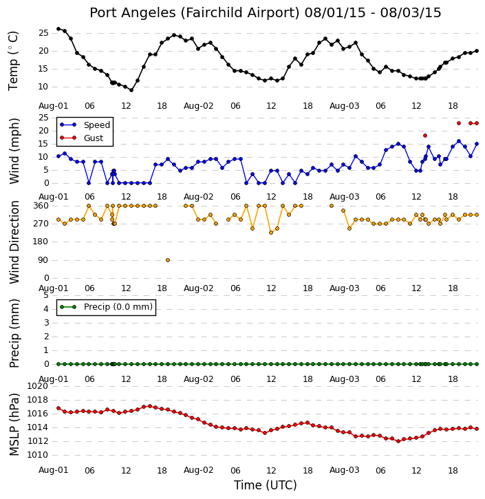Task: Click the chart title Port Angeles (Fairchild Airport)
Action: click(195, 13)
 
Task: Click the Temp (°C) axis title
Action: click(14, 61)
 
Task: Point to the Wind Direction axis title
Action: click(14, 242)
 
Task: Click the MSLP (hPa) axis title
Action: click(14, 425)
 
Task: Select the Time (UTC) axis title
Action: click(266, 485)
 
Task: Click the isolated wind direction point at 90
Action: click(168, 260)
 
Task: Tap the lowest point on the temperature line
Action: click(131, 90)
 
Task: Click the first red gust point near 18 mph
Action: click(425, 136)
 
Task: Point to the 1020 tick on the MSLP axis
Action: click(38, 386)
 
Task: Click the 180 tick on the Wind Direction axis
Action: click(41, 242)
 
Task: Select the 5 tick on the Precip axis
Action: click(46, 295)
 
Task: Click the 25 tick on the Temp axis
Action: click(43, 33)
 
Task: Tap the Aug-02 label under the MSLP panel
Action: click(198, 470)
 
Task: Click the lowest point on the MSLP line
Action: click(398, 441)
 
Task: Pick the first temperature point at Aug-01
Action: click(58, 29)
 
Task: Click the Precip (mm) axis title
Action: click(14, 334)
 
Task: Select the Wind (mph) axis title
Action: click(14, 151)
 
